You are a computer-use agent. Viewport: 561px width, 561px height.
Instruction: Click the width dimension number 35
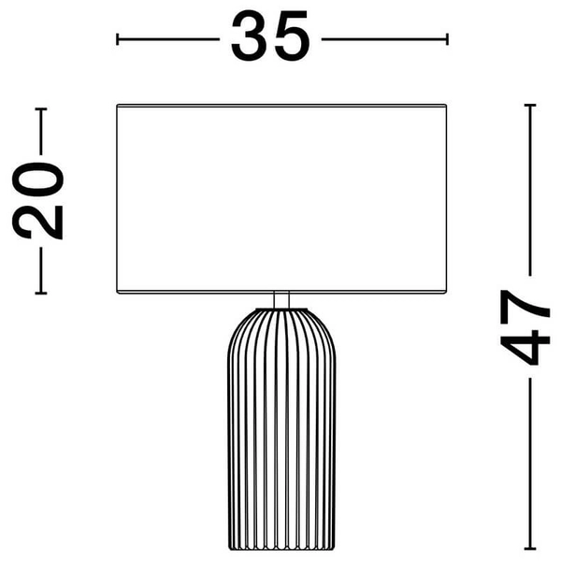click(270, 36)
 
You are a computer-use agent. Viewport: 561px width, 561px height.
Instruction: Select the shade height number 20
click(37, 201)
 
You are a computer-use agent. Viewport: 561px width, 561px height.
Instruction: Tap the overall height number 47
click(525, 327)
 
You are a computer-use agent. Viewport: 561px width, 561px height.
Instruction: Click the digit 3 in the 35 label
click(250, 36)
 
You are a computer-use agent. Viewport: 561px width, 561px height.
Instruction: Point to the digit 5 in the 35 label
click(291, 36)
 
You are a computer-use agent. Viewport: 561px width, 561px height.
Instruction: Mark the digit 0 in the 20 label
click(37, 180)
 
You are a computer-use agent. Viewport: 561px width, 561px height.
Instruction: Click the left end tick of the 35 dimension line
click(118, 39)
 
